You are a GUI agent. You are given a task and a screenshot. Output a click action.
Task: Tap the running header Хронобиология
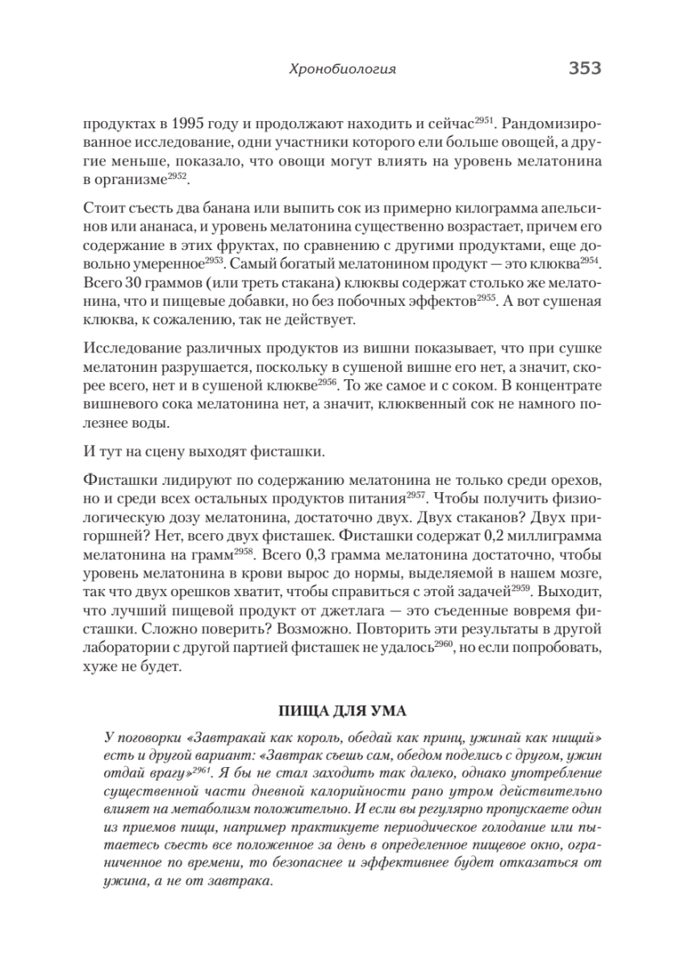click(x=342, y=70)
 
